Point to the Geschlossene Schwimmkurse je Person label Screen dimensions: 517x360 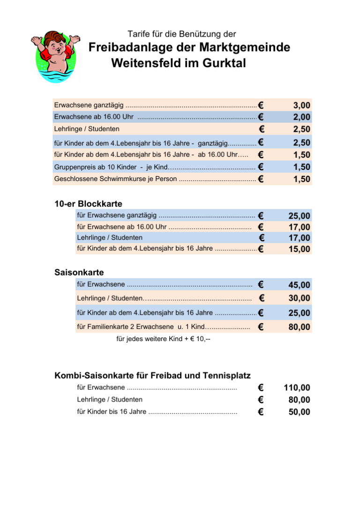[116, 179]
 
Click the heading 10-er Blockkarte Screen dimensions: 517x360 [88, 204]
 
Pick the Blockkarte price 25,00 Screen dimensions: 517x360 [299, 216]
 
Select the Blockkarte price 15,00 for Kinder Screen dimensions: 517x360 [299, 249]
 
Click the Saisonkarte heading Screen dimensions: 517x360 [79, 272]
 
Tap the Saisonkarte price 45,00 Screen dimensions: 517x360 [299, 285]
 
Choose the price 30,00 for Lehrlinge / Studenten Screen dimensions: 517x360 [299, 298]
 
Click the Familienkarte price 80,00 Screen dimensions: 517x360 [299, 327]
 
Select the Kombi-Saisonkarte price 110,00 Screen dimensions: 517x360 [297, 388]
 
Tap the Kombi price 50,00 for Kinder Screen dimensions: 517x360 [299, 412]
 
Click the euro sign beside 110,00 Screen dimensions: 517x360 [261, 388]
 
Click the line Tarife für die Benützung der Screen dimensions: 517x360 [181, 34]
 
